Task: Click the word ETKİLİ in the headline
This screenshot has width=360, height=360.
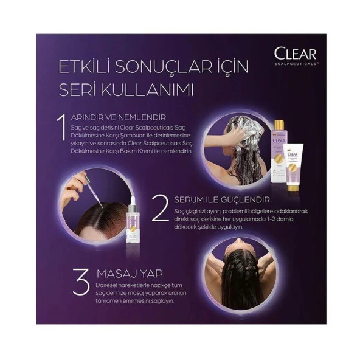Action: [83, 66]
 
